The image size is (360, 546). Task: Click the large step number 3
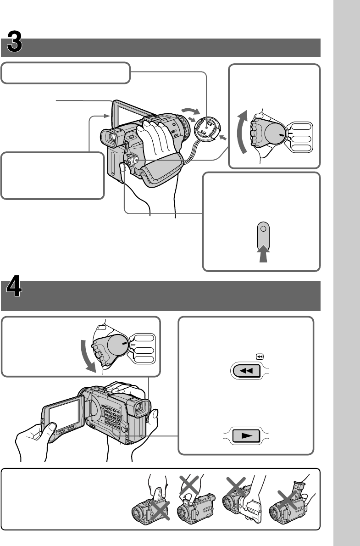(15, 44)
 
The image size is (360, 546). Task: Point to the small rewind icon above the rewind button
(260, 356)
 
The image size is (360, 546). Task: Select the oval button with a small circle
(263, 234)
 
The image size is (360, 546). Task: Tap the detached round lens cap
(207, 127)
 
